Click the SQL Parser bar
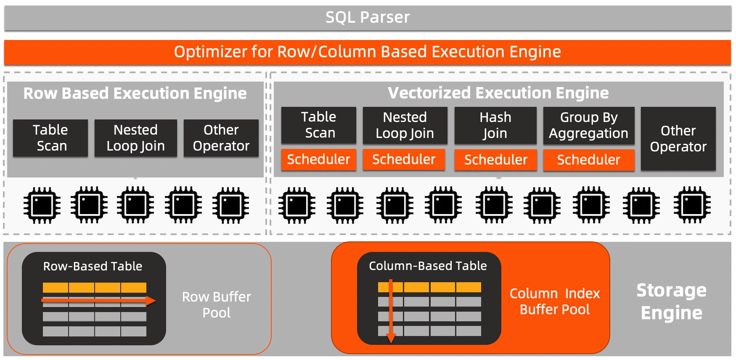click(x=368, y=18)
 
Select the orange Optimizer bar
click(x=368, y=52)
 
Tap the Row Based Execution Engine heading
click(x=135, y=93)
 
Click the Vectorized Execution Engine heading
click(x=498, y=93)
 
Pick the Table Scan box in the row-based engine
click(x=50, y=138)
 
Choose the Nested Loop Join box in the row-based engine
click(x=135, y=138)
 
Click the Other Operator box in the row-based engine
click(x=221, y=138)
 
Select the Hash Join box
click(x=495, y=125)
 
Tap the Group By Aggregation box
click(x=588, y=125)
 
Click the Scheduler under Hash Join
click(x=495, y=160)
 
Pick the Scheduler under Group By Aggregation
click(x=588, y=160)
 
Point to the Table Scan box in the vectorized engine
click(x=319, y=125)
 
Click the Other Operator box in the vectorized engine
click(x=678, y=139)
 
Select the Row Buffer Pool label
click(x=216, y=305)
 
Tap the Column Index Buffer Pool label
click(x=554, y=302)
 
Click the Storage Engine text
click(x=671, y=302)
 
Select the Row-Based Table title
click(x=93, y=266)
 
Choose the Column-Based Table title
click(x=428, y=266)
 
